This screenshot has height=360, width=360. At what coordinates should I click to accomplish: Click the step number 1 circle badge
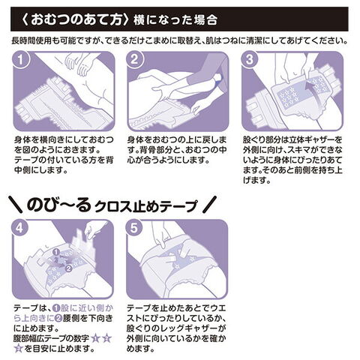(x=21, y=60)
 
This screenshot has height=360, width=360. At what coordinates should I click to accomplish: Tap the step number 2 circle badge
(x=135, y=60)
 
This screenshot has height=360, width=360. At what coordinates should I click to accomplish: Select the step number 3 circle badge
(x=250, y=60)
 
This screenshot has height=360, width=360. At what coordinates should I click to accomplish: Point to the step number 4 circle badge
(x=20, y=228)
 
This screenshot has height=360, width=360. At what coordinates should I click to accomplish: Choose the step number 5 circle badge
(x=134, y=228)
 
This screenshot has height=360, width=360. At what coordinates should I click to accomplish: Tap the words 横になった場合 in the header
(x=175, y=20)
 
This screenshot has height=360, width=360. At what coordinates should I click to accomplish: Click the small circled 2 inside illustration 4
(x=68, y=268)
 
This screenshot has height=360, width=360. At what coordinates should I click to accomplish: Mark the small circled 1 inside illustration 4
(x=56, y=252)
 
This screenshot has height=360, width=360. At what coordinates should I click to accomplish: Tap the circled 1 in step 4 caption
(x=57, y=308)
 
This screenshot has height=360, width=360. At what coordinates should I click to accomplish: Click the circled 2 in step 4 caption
(x=58, y=318)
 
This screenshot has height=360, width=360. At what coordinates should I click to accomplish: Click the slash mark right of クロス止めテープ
(x=209, y=204)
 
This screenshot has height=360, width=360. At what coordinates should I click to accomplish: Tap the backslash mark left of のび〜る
(x=16, y=204)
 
